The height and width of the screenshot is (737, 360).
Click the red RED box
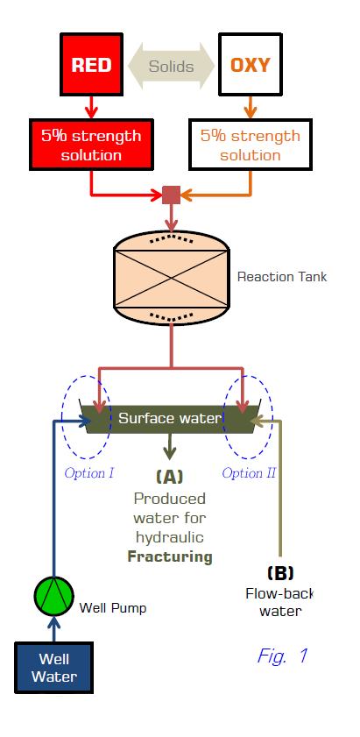[x=92, y=64]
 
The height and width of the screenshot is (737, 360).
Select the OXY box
[x=251, y=64]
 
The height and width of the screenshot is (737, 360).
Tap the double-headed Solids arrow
[x=171, y=66]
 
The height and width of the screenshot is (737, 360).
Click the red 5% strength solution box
[x=92, y=145]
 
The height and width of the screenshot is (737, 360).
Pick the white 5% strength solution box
[x=251, y=145]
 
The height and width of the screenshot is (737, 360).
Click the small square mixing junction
[x=171, y=195]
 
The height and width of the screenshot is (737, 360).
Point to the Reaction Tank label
[x=281, y=276]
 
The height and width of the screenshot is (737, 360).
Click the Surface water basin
[x=170, y=419]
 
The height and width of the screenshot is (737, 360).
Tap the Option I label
[x=88, y=472]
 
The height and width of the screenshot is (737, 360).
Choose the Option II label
[x=249, y=472]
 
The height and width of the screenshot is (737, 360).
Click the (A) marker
[x=169, y=477]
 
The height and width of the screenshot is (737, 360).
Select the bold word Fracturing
[x=170, y=557]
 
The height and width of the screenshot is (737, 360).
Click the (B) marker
[x=280, y=573]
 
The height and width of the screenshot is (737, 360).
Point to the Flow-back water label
[x=280, y=602]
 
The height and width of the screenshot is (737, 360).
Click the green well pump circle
[x=54, y=596]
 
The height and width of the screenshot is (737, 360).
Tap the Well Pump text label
[x=113, y=608]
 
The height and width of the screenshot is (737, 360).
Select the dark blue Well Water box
[x=53, y=668]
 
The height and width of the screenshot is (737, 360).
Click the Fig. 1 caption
[x=282, y=656]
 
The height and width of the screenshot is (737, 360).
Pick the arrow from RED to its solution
[x=92, y=107]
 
